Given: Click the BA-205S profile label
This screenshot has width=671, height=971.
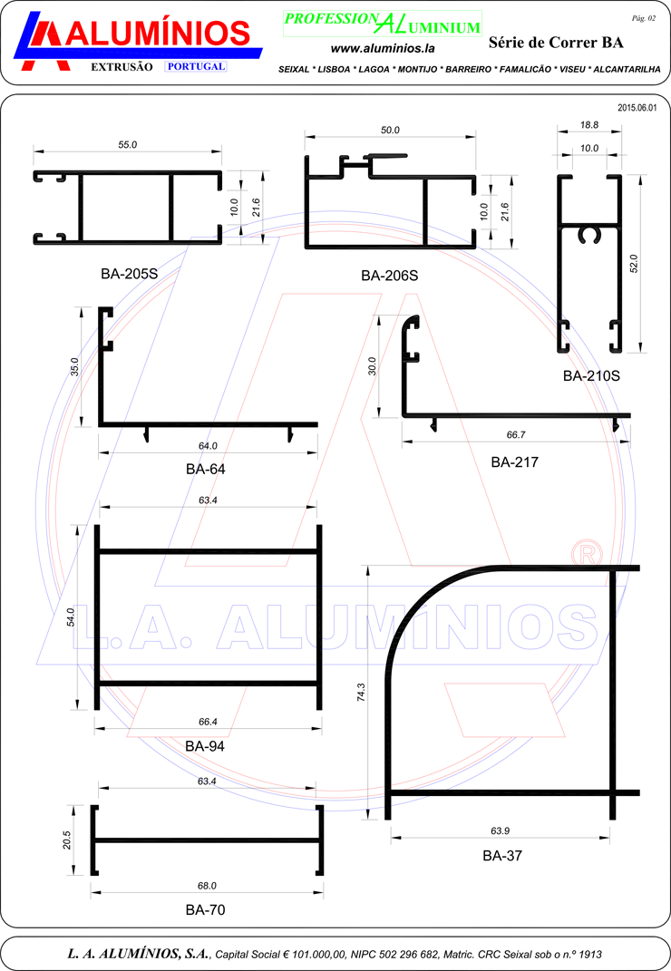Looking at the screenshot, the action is coord(130,274).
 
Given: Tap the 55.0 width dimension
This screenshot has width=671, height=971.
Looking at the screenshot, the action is coord(128,145).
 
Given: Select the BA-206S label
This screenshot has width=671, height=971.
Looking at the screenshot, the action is coord(390,276).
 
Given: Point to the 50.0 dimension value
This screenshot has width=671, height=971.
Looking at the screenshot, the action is coord(390,130).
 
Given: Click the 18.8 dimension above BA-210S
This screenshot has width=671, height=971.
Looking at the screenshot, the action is coord(589,125).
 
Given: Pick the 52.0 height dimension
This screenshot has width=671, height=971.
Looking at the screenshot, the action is coord(633,264).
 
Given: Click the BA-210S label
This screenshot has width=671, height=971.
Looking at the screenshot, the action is coord(591,376).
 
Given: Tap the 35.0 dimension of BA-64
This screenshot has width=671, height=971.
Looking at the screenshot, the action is coord(74,366).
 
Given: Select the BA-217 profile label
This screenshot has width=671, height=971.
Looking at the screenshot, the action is coord(514,462).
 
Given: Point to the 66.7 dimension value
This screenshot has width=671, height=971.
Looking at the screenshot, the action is coord(516,434).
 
